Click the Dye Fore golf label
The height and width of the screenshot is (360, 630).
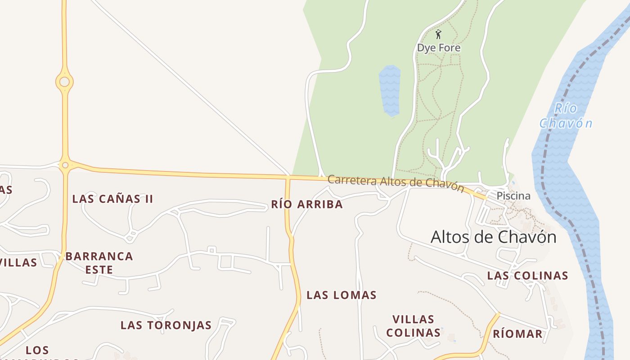point(438,48)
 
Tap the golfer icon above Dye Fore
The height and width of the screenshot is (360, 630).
point(438,34)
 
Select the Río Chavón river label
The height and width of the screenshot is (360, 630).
point(566,116)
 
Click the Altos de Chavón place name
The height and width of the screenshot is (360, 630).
point(493,237)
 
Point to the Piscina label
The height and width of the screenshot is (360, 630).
point(513,196)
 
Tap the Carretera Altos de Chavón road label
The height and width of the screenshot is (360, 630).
point(396,183)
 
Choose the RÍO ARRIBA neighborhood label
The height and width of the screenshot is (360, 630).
point(307,205)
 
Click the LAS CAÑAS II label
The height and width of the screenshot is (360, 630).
point(112,199)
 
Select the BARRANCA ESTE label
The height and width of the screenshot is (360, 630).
point(99,263)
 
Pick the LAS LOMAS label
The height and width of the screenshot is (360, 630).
point(341,295)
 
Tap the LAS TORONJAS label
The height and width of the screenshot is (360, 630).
point(166,325)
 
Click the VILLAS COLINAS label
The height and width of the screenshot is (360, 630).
point(413,326)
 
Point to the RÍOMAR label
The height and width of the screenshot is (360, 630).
point(517,334)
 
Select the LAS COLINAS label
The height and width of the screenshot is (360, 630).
point(527,276)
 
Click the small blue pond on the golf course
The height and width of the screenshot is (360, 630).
point(390,90)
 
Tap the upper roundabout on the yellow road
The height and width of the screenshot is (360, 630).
point(64,82)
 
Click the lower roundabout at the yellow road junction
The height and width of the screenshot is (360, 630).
point(65,165)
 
